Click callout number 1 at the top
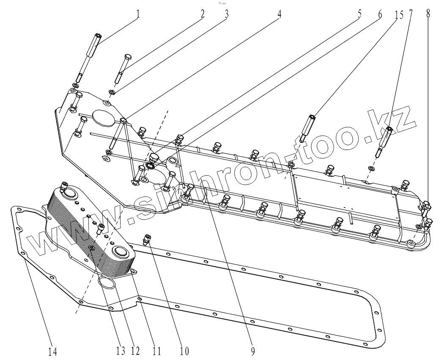pos(138,14)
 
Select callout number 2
pos(203,14)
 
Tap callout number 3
pos(227,14)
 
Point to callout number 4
pos(279,14)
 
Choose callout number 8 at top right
pos(428,14)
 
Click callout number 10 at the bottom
pos(184,350)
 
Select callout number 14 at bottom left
pos(52,350)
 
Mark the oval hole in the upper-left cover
pos(103,117)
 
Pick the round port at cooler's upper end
pos(68,195)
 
